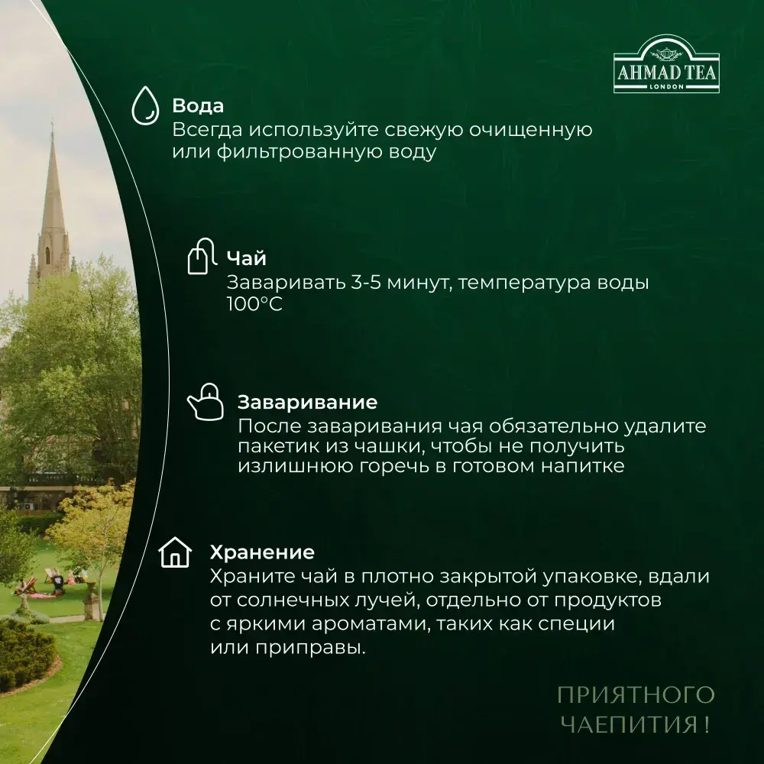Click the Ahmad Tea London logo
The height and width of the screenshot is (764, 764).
pos(665,71)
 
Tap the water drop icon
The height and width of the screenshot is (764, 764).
pos(144,105)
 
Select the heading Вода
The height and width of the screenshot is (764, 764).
pos(198,105)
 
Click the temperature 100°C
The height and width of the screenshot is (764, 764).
pos(254,304)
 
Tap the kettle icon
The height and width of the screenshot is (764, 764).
pos(205,402)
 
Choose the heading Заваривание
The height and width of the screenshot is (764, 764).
pos(307,402)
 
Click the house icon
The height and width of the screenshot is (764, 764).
pos(175,552)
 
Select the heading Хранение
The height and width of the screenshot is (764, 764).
pos(262,552)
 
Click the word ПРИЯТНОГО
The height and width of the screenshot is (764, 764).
pos(635,694)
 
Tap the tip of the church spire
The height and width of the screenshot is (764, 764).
pos(52,126)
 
